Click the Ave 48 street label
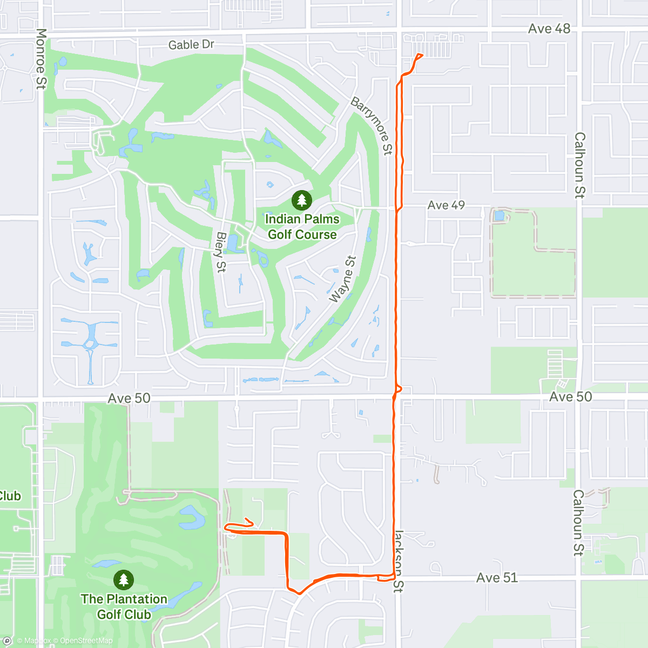549,29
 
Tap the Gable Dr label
191,45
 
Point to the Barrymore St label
372,126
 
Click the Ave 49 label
446,205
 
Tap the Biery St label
220,252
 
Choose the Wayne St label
343,279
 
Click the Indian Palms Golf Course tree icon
302,200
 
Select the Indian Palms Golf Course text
302,227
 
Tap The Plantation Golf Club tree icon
124,580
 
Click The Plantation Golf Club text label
124,606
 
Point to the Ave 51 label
497,578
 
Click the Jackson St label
399,561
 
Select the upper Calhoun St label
579,165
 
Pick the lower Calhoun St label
578,523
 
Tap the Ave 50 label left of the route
129,399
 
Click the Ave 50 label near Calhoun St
570,397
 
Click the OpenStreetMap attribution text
86,641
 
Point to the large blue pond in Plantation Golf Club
192,517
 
